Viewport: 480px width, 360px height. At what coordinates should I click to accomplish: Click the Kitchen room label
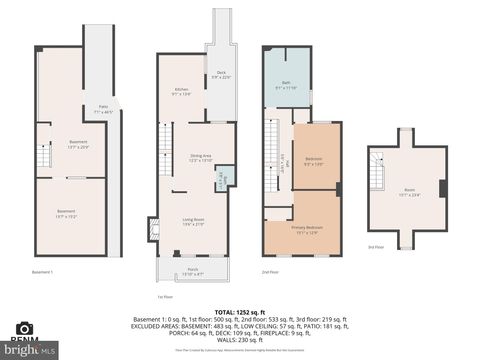181,92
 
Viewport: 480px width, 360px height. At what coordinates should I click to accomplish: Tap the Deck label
221,73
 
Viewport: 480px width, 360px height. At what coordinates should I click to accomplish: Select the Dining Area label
201,157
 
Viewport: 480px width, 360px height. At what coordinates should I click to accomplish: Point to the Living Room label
193,221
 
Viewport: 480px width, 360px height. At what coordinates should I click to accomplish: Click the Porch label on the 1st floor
192,271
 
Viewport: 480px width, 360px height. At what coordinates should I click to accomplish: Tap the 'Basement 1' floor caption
43,271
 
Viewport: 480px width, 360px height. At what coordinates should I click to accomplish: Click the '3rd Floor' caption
375,247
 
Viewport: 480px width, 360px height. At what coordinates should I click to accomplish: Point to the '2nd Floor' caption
269,271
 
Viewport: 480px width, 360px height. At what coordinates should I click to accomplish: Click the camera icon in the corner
24,328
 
